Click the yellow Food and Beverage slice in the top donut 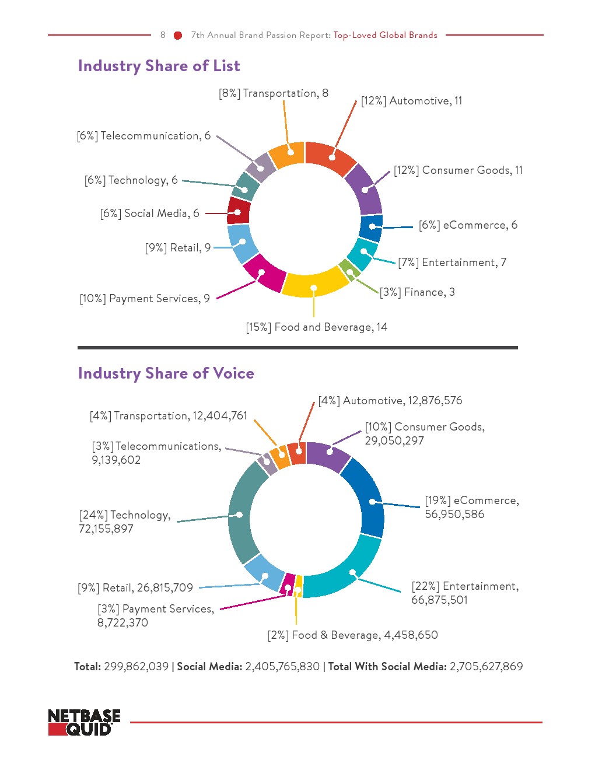tap(314, 283)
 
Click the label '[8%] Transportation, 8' tap(274, 93)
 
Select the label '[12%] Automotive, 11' tap(411, 101)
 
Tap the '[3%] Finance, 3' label tap(417, 292)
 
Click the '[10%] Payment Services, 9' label tap(145, 299)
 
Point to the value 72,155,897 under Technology tap(106, 529)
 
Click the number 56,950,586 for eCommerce tap(454, 514)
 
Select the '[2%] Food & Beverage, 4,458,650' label tap(352, 635)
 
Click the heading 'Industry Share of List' tap(159, 66)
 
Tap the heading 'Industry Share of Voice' tap(166, 373)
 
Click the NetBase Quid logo tap(84, 723)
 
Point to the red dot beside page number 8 tap(178, 36)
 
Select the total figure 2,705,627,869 tap(486, 667)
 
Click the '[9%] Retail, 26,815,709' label tap(135, 588)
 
